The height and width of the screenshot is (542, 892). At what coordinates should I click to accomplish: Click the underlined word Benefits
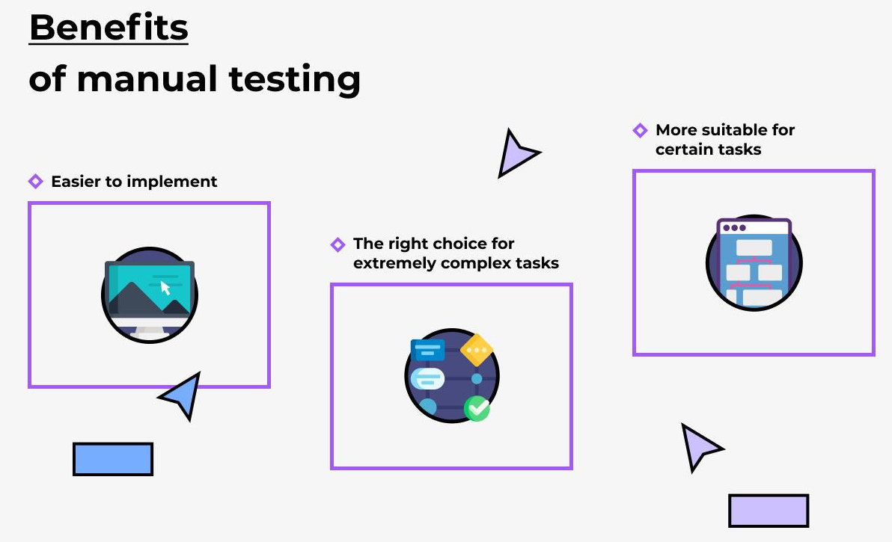pos(109,27)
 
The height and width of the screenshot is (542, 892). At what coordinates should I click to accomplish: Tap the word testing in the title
pos(295,79)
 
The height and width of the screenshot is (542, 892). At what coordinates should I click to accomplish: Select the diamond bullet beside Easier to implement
pos(35,181)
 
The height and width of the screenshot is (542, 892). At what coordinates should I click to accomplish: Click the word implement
pos(172,182)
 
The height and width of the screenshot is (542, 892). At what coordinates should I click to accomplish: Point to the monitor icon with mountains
pos(150,295)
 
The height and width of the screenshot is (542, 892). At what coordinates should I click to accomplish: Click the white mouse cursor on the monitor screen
pos(165,288)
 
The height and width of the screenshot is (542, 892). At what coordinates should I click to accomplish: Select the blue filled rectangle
pos(113,459)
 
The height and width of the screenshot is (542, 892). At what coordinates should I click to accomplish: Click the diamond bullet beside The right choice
pos(337,244)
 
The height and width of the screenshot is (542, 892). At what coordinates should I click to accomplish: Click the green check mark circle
pos(477,408)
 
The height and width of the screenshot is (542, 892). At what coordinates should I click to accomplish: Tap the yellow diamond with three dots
pos(477,350)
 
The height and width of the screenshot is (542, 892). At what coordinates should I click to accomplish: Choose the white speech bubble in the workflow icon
pos(427,378)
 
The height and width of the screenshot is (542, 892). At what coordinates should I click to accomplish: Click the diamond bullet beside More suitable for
pos(640,130)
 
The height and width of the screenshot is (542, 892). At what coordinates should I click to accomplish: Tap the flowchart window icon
pos(754,262)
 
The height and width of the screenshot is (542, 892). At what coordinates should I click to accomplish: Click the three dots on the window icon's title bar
pos(734,228)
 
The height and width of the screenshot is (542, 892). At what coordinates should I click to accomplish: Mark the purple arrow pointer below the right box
pos(699,446)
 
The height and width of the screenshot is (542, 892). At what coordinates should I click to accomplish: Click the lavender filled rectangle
pos(769,511)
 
